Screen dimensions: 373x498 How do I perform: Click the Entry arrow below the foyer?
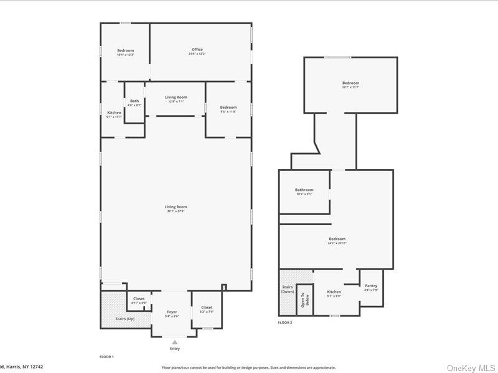[175, 341]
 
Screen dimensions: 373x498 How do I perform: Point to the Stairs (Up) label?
[126, 318]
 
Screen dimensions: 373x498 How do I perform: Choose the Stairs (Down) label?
[288, 289]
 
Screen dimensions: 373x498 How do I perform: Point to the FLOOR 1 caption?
[106, 357]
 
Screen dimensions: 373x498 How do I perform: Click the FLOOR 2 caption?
[285, 323]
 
